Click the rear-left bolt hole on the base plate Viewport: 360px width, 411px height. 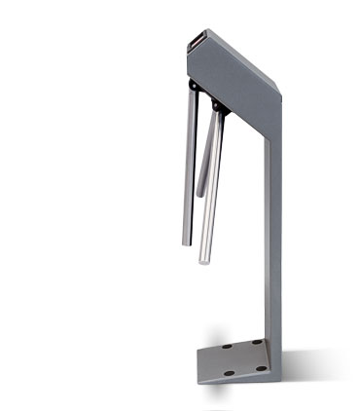(x=225, y=346)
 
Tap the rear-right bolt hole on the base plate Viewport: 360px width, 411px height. (x=256, y=342)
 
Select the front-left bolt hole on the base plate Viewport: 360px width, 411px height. (x=229, y=373)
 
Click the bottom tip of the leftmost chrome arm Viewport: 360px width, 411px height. (x=183, y=243)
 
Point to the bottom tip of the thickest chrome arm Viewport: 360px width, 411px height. (x=205, y=261)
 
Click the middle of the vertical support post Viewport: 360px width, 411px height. (x=273, y=234)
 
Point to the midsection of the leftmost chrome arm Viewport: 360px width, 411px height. (x=187, y=166)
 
